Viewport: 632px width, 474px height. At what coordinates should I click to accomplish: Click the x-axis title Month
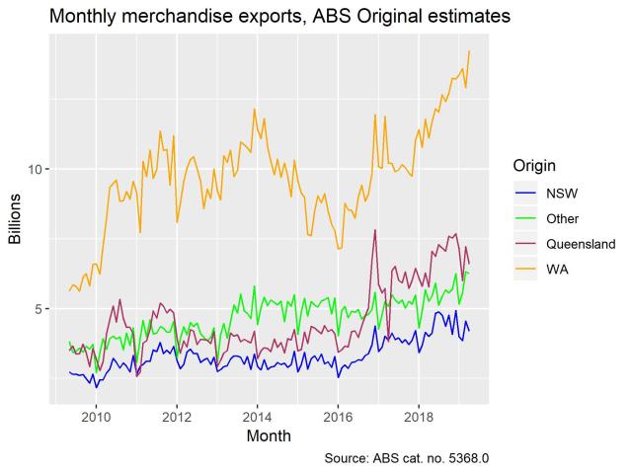[x=269, y=434]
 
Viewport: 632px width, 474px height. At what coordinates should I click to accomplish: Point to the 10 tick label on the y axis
[x=37, y=169]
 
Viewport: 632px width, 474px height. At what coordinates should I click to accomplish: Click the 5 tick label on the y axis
[x=40, y=309]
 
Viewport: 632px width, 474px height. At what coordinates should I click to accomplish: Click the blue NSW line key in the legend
[x=524, y=193]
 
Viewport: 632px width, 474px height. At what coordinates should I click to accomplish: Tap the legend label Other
[x=562, y=218]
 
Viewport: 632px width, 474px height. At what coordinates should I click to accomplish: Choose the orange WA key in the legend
[x=524, y=269]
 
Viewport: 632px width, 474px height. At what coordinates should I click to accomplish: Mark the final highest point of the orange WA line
[x=469, y=50]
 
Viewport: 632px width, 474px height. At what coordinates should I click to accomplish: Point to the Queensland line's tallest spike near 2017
[x=375, y=230]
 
